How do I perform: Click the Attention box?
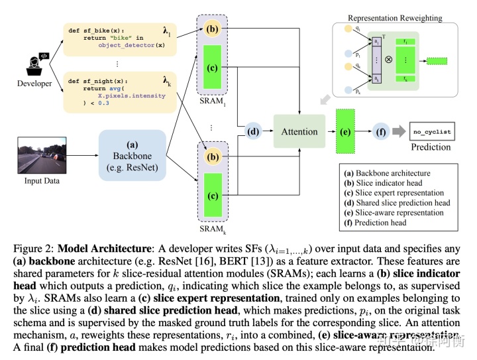tap(299, 131)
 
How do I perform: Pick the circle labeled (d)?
tap(254, 131)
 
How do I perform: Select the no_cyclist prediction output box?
tap(431, 131)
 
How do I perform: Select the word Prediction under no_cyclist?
tap(431, 147)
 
